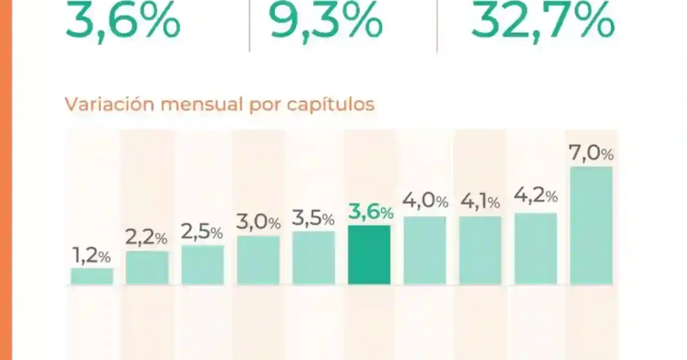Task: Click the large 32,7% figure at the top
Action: pos(542,21)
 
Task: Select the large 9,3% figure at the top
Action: pos(326,21)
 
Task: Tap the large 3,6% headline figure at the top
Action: pos(123,21)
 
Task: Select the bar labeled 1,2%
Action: pos(92,277)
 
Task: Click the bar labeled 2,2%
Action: pos(147,268)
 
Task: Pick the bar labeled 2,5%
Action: pos(203,265)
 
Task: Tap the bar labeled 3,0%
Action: pos(258,260)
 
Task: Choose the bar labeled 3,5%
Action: pos(313,258)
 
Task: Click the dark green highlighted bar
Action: pos(369,255)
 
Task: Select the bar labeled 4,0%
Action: pos(424,250)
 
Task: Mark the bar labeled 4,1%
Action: pos(480,250)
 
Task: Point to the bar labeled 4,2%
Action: pos(536,249)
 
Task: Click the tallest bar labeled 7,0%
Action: pos(591,226)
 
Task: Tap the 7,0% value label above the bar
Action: pos(591,153)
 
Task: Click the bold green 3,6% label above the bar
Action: pos(370,212)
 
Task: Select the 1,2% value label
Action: pos(92,255)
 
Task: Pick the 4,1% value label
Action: pos(480,201)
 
